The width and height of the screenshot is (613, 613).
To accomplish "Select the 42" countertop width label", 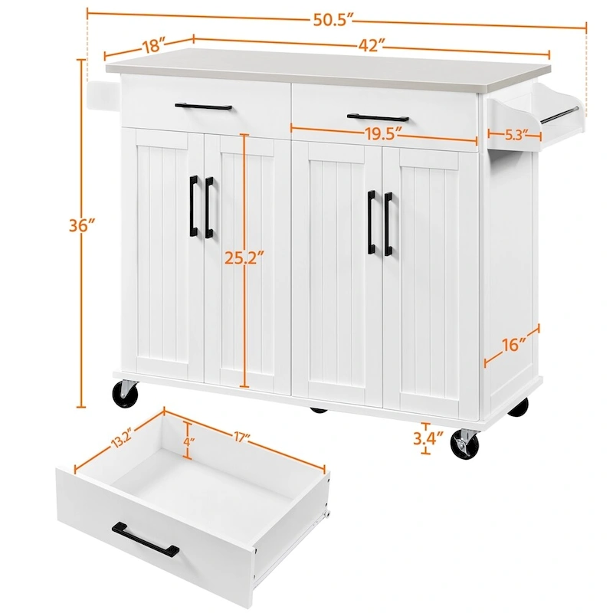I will tap(370, 46).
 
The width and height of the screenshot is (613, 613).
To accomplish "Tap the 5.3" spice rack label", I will tap(516, 136).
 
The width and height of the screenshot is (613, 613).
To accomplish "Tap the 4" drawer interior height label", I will tap(188, 441).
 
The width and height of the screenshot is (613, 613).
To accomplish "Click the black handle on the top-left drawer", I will tap(203, 107).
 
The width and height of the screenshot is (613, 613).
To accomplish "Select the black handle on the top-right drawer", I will tap(378, 118).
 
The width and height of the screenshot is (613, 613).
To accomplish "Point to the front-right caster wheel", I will tap(464, 444).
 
